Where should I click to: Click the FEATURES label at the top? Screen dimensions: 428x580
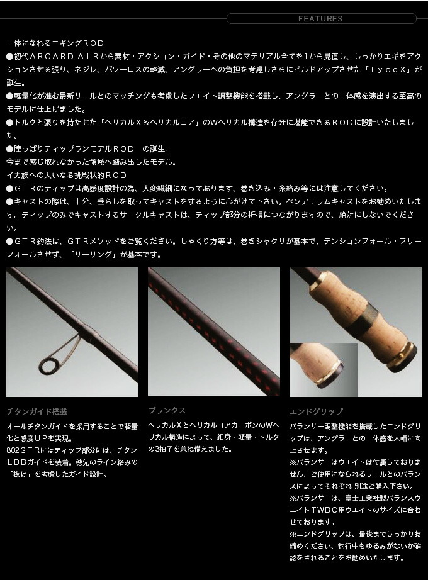coord(320,18)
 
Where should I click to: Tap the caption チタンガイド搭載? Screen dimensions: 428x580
coord(37,411)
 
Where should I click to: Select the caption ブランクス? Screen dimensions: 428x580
coord(167,410)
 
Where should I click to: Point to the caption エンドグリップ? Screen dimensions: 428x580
coord(317,411)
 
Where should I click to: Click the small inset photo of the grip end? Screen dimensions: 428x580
coord(324,369)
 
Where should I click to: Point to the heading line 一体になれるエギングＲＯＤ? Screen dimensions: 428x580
coord(55,43)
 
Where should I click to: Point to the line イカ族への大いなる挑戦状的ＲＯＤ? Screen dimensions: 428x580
coord(67,176)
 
